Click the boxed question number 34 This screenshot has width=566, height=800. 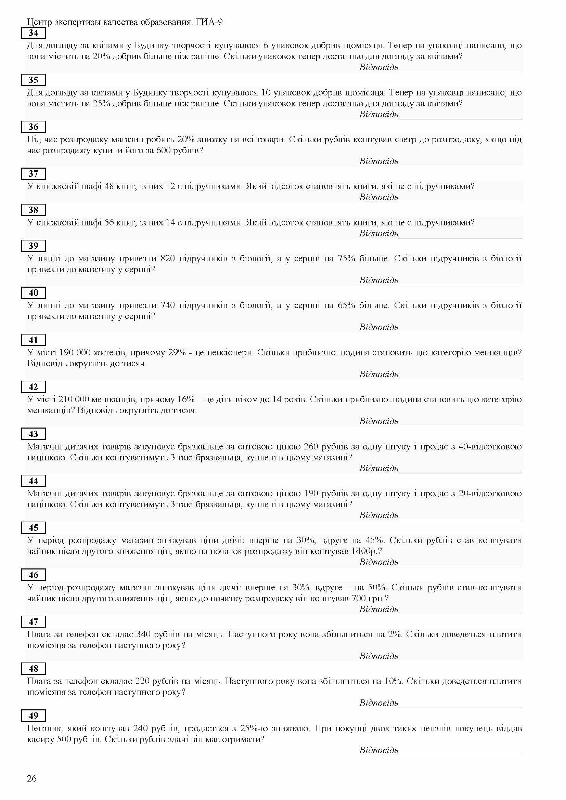coord(34,33)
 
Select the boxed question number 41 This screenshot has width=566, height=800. coord(34,340)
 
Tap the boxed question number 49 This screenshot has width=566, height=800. coord(34,716)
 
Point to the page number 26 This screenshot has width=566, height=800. coord(32,778)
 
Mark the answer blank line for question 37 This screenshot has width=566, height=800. coord(460,201)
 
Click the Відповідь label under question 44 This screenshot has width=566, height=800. coord(378,515)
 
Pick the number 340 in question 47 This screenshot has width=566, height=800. coord(143,634)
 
